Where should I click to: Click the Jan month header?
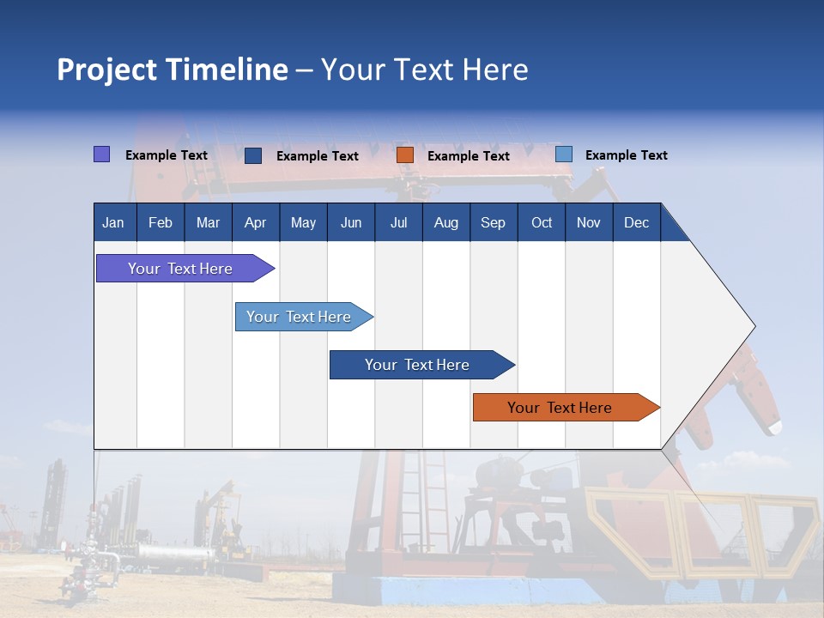pos(114,222)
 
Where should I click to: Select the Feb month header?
pos(161,222)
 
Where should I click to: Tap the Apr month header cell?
pos(256,222)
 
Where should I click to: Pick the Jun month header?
pos(351,222)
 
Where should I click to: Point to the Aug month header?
pos(446,222)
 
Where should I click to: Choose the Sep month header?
pos(494,222)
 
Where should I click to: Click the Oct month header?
pos(542,222)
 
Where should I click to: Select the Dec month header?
pos(637,222)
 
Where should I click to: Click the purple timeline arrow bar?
pos(181,269)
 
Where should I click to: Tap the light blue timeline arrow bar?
pos(300,317)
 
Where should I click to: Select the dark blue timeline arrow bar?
pos(417,365)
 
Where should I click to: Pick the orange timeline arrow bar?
pos(560,408)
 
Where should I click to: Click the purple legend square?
pos(102,154)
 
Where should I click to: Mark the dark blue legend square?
pos(253,155)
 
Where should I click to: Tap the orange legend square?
pos(405,155)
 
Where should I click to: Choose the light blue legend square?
pos(564,154)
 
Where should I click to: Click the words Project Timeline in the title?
pos(173,70)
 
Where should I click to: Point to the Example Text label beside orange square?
pos(469,156)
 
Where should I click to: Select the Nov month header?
pos(589,222)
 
